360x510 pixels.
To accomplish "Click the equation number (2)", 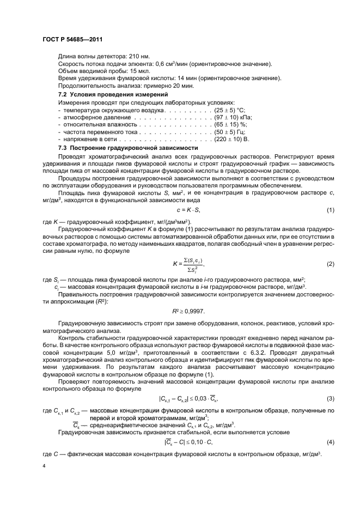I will (330, 264).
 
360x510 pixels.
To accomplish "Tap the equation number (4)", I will (330, 441).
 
